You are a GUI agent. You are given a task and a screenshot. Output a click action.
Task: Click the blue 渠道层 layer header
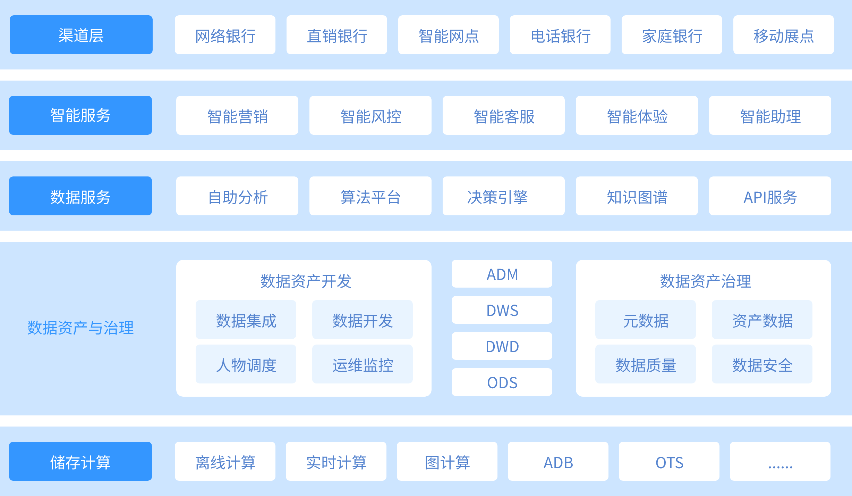(x=81, y=35)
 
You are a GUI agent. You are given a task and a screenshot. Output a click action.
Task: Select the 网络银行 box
(x=225, y=35)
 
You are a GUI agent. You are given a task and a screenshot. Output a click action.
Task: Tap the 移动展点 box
(x=783, y=35)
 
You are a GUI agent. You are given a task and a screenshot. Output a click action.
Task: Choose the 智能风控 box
(x=370, y=115)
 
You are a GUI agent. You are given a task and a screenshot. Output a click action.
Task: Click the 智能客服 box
(x=503, y=115)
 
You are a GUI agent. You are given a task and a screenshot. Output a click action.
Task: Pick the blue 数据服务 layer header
(x=80, y=196)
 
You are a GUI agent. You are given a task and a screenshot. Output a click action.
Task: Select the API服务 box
(x=770, y=196)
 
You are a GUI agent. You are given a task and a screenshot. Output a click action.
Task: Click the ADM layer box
(x=502, y=274)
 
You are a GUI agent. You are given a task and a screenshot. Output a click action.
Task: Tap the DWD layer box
(x=502, y=346)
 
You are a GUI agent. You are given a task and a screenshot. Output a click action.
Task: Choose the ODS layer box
(x=502, y=382)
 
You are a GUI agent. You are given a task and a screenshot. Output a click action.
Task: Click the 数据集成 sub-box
(x=246, y=320)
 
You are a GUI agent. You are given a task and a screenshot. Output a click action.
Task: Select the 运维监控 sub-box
(x=362, y=364)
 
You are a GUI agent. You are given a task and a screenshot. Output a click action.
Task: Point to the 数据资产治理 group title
(x=705, y=281)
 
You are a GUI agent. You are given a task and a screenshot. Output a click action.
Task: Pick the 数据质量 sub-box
(x=645, y=364)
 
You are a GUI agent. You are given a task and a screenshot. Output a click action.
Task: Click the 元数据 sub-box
(x=645, y=320)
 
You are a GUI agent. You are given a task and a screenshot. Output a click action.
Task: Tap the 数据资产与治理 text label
(x=80, y=328)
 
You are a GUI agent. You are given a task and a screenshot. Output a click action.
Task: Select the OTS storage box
(x=669, y=461)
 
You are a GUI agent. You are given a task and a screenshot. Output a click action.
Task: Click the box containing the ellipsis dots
(x=780, y=461)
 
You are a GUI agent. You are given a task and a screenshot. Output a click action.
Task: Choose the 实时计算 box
(x=336, y=461)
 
